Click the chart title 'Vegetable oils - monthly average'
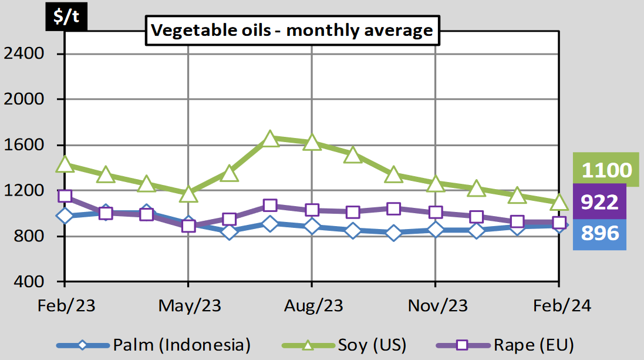[292, 31]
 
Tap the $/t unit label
[66, 17]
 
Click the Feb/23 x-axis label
[66, 306]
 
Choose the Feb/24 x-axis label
[559, 306]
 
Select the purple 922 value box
[600, 203]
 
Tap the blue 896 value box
[600, 234]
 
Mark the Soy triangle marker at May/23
[188, 194]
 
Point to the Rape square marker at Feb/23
[65, 196]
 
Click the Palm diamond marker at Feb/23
[65, 216]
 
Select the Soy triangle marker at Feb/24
[559, 203]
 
